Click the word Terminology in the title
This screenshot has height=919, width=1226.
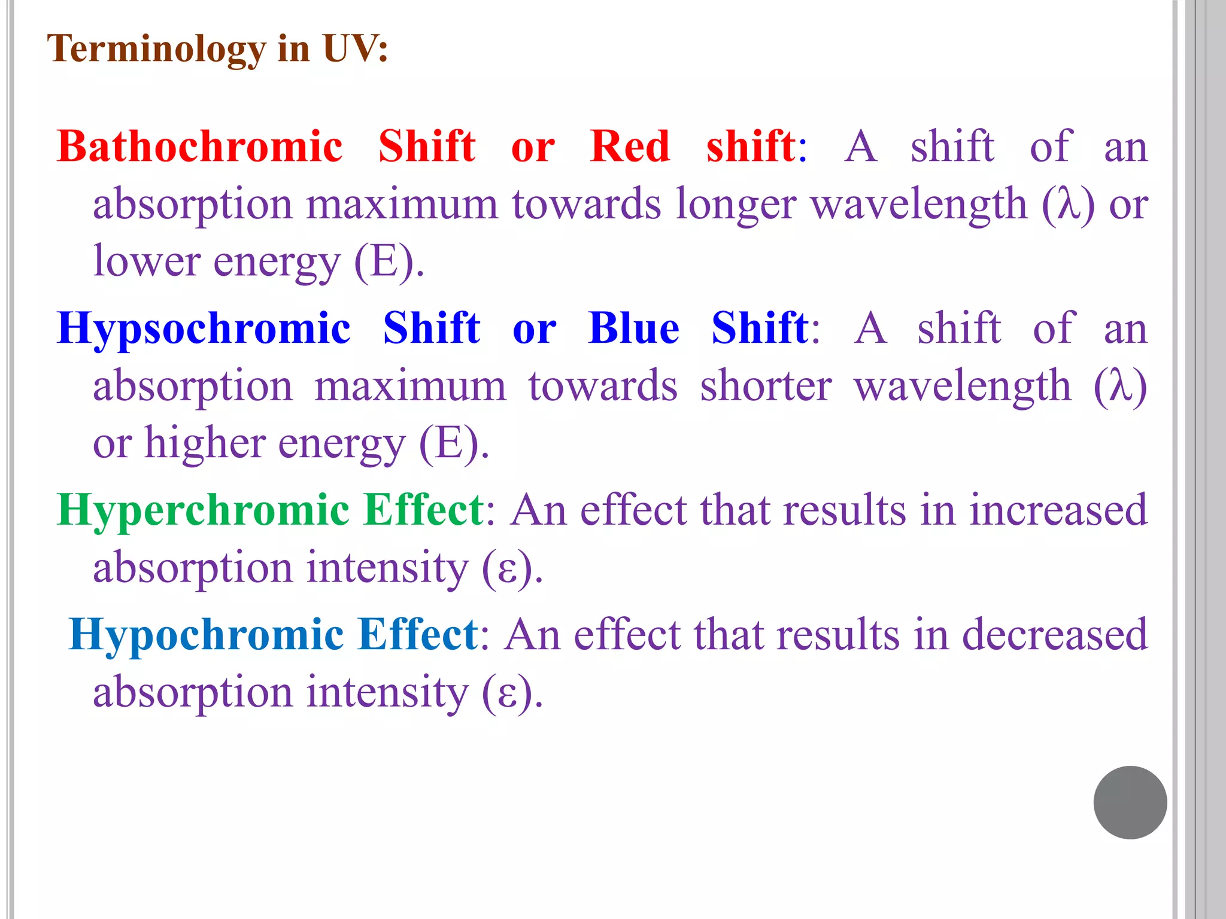pyautogui.click(x=156, y=49)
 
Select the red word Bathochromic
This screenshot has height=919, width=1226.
pyautogui.click(x=200, y=147)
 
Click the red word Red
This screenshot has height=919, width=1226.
pyautogui.click(x=629, y=147)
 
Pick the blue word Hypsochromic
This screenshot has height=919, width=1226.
pyautogui.click(x=204, y=328)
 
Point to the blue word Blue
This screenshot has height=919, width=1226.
pyautogui.click(x=633, y=328)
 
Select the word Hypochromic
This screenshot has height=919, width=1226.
pyautogui.click(x=206, y=634)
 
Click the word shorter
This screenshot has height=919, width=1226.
pyautogui.click(x=766, y=386)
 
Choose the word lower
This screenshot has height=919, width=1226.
pyautogui.click(x=147, y=261)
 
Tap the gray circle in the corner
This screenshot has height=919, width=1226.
pyautogui.click(x=1130, y=802)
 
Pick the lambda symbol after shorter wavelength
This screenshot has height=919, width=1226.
pyautogui.click(x=1119, y=386)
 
